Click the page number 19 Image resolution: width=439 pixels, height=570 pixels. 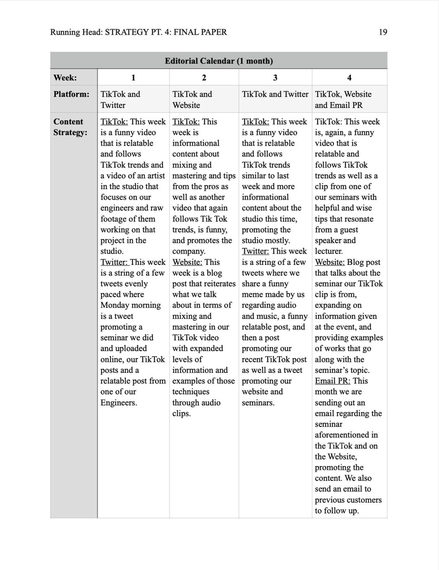(383, 32)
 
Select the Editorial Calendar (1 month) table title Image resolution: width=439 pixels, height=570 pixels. (219, 61)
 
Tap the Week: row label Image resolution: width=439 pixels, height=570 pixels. (65, 78)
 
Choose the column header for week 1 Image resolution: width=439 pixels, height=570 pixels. (133, 78)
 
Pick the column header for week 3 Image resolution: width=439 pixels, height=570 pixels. (275, 78)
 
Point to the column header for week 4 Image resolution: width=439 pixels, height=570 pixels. (349, 78)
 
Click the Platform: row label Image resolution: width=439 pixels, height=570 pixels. (71, 94)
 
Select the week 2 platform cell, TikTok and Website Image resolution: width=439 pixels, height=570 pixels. (192, 100)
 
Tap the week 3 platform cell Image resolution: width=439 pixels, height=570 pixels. (275, 94)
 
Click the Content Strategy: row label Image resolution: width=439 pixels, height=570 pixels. (70, 127)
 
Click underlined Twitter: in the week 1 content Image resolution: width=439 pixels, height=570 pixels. (114, 262)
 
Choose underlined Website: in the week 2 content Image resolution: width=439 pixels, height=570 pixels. (187, 262)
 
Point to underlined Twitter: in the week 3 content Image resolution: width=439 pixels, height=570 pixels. (255, 251)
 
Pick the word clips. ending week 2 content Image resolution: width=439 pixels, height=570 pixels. (181, 413)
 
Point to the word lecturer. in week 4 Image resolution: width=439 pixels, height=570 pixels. (329, 251)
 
